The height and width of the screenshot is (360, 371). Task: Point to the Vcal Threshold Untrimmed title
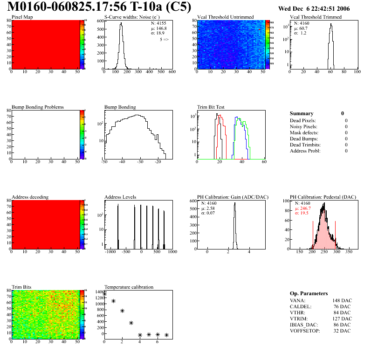click(x=226, y=17)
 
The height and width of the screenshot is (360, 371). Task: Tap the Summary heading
click(x=302, y=113)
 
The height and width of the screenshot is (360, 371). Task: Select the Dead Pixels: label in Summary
click(x=303, y=120)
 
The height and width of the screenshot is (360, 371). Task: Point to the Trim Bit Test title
click(x=211, y=107)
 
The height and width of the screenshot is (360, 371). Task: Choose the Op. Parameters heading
click(x=309, y=293)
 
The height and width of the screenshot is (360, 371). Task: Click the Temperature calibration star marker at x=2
click(x=122, y=311)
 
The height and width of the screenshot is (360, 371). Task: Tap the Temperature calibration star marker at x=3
click(x=131, y=323)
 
